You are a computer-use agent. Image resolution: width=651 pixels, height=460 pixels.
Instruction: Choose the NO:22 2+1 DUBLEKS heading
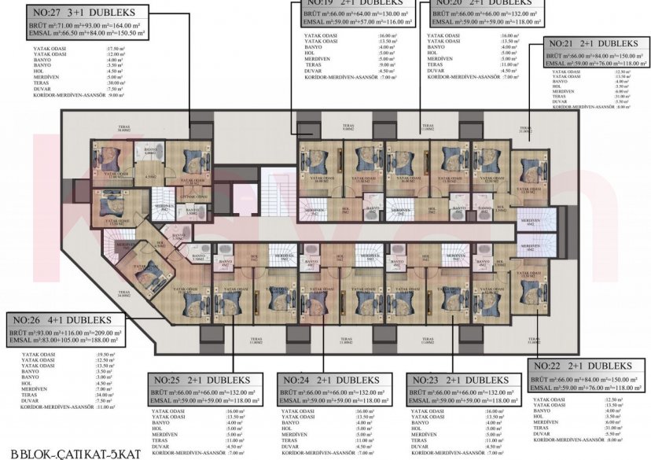[583, 366]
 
